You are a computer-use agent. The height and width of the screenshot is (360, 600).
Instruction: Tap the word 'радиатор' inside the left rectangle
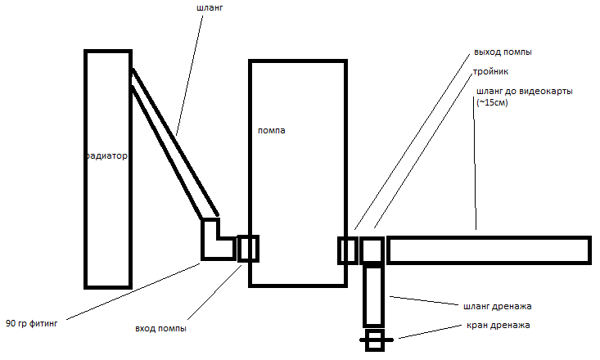107,155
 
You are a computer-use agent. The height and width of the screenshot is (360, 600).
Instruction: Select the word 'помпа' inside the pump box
272,131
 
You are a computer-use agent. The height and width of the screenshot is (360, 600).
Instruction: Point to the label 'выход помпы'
503,52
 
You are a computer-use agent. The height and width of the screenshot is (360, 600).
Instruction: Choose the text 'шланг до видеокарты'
524,91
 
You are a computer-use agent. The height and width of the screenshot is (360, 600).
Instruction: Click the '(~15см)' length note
492,102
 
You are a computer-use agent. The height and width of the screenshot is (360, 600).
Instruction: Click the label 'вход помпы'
160,329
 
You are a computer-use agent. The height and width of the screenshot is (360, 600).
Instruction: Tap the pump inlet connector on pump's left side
248,248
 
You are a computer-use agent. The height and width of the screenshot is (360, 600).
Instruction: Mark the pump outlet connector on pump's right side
348,250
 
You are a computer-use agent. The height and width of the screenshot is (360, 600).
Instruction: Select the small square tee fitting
372,250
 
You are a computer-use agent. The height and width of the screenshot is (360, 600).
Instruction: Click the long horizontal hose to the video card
488,250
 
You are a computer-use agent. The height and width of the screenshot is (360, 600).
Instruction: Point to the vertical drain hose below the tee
373,295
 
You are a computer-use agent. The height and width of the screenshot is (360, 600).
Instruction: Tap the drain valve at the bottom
375,339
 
